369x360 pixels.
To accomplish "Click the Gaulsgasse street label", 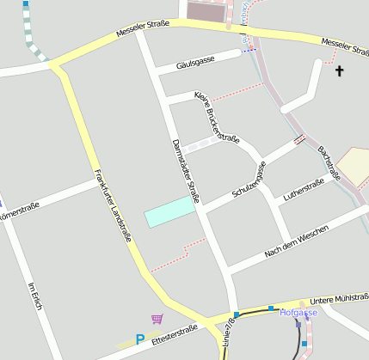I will (x=194, y=62).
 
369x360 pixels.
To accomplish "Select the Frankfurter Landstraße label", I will (x=114, y=206).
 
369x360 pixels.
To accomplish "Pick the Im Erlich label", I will (x=35, y=297).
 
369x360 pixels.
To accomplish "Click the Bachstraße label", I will (x=329, y=162).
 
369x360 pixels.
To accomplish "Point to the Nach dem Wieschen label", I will (x=296, y=243).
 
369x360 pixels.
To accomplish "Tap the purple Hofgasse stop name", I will (x=298, y=313).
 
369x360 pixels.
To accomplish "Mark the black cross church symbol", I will (x=339, y=70).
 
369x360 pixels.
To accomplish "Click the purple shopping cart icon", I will (x=157, y=320).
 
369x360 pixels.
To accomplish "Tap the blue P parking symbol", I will (x=139, y=340).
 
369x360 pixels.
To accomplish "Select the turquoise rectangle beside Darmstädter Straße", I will (x=169, y=211).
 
